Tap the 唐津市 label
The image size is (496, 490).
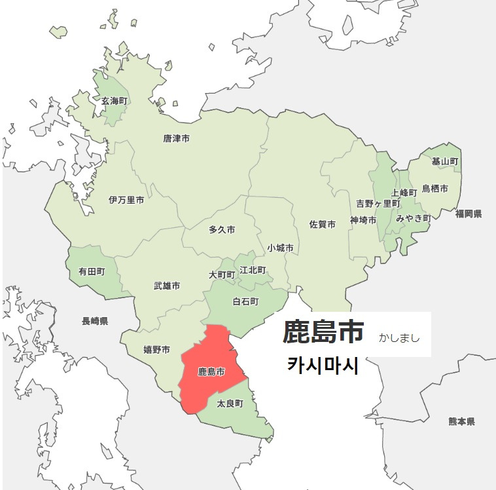tap(176, 139)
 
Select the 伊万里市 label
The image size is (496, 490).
tap(126, 200)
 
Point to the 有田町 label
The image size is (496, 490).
tap(92, 270)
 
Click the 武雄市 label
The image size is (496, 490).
tap(167, 286)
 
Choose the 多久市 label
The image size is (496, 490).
tap(222, 230)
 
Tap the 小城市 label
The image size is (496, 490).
tap(280, 248)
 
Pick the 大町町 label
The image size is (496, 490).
tap(222, 274)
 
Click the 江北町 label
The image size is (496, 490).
tap(253, 270)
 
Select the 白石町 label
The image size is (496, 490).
tap(245, 301)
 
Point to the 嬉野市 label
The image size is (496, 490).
tap(156, 350)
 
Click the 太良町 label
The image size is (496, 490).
tap(230, 404)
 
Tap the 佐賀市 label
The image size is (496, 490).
tap(322, 224)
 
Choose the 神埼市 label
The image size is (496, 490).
tap(363, 220)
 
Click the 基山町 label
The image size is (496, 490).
tap(444, 161)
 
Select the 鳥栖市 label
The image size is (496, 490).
tap(434, 189)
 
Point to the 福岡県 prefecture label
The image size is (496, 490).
tap(469, 214)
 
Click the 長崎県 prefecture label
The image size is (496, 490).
tap(95, 321)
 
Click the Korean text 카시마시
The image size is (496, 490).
tap(323, 366)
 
